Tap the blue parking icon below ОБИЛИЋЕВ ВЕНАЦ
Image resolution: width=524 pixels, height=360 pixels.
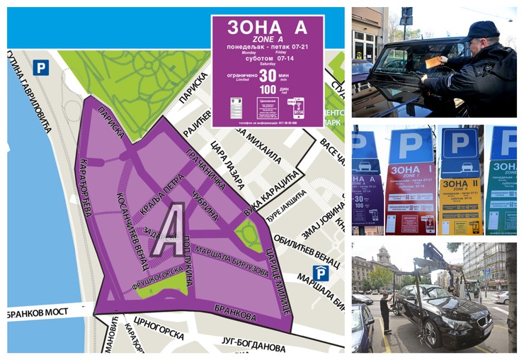(321, 273)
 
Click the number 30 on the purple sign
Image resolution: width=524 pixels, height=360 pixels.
(267, 76)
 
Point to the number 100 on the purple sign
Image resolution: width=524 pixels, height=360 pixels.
(267, 89)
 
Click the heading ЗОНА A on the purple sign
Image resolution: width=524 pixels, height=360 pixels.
(267, 28)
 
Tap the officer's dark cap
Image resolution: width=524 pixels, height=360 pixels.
(483, 30)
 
